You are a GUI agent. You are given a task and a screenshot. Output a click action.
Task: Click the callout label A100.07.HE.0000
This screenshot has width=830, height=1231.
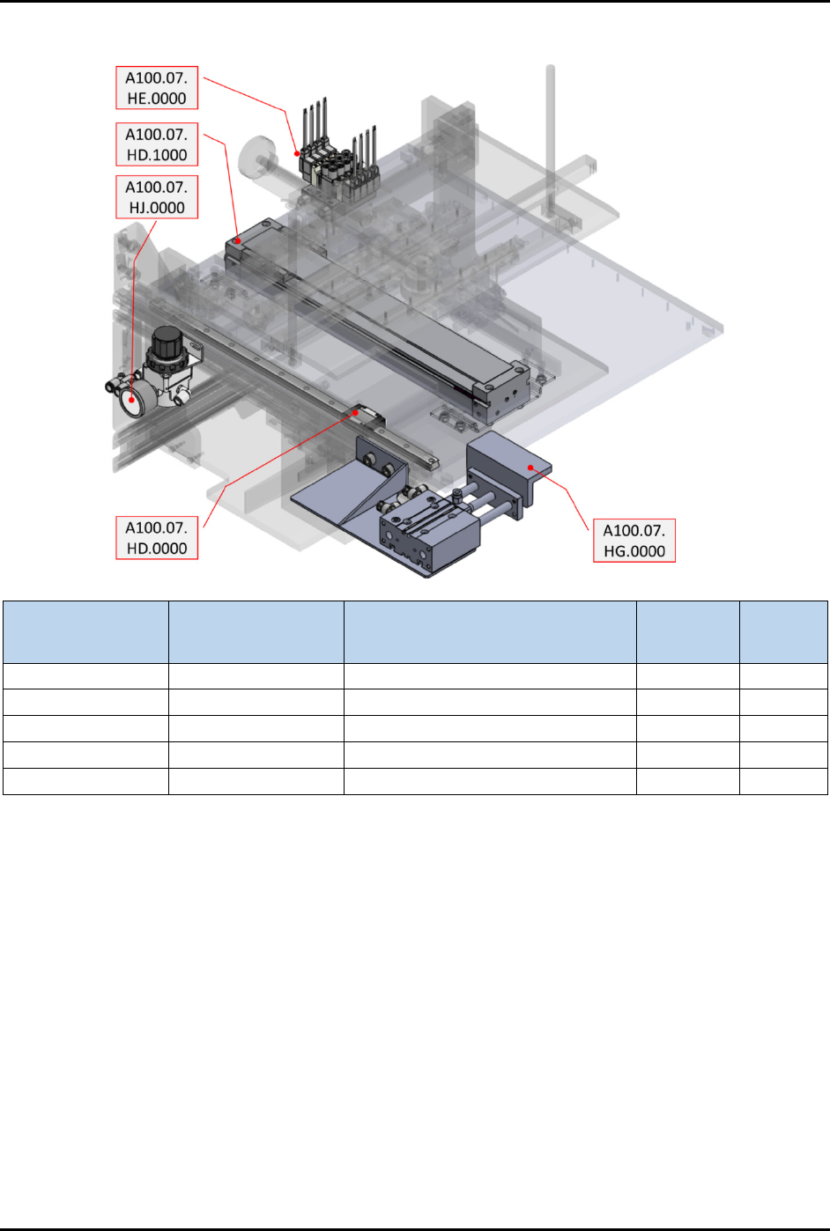[157, 87]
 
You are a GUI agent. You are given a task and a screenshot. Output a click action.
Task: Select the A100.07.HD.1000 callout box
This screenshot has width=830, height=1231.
[157, 144]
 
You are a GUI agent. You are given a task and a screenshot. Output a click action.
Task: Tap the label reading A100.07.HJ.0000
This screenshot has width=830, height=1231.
[157, 196]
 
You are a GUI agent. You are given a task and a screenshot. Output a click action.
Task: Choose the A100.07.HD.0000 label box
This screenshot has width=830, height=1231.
[157, 537]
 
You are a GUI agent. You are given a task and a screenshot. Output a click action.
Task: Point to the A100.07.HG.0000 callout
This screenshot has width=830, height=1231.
[634, 540]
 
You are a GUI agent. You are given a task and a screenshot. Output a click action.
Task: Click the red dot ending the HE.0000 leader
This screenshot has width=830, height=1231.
[297, 154]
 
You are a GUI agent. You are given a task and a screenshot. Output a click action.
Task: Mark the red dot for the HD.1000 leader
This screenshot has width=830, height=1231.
[238, 240]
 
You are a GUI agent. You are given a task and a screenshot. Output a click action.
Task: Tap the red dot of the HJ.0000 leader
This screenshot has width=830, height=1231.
[132, 400]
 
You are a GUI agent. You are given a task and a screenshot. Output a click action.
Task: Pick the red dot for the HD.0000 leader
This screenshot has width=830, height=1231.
[356, 412]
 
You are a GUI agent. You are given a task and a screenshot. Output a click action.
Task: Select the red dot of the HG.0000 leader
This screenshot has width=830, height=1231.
[530, 468]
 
